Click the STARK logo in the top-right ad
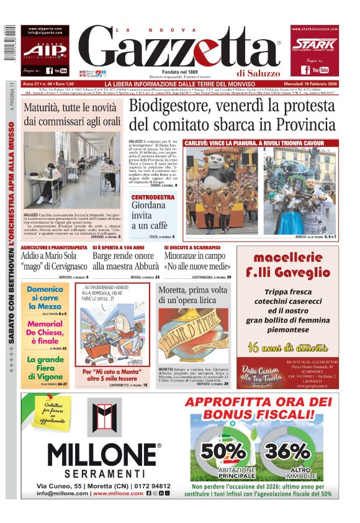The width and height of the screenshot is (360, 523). pos(315,44)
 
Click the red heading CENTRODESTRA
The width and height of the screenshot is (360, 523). pos(153,198)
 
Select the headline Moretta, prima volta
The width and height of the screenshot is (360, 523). pos(193,289)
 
